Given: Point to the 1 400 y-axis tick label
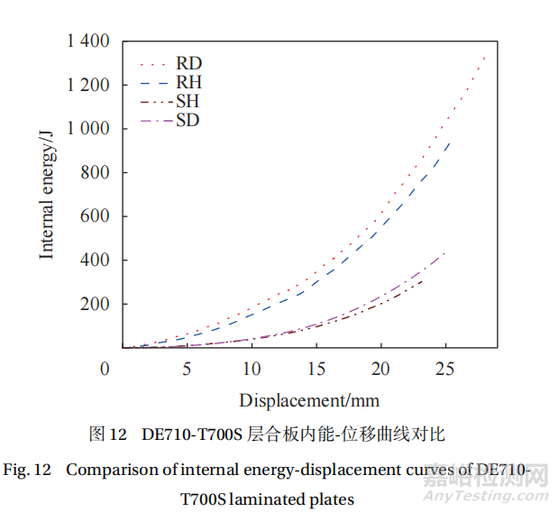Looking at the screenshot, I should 87,41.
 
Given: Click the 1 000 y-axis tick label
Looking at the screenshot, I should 87,129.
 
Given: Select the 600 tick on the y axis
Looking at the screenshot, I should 94,216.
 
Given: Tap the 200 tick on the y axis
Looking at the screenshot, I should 94,304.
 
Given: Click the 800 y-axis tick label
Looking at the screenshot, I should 94,172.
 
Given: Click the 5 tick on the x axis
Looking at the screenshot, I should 187,369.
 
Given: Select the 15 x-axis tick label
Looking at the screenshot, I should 316,369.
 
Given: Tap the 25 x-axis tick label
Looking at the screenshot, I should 444,369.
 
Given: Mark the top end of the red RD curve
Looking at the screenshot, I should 485,56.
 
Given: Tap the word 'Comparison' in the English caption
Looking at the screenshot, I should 105,470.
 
